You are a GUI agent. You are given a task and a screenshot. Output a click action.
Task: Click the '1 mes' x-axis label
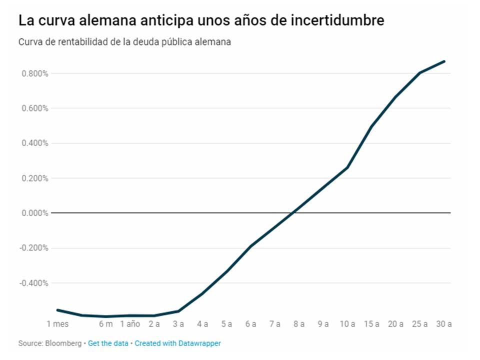pyautogui.click(x=57, y=324)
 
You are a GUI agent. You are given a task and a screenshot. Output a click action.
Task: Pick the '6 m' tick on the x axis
pyautogui.click(x=105, y=324)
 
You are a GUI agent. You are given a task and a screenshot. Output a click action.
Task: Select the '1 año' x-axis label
pyautogui.click(x=130, y=324)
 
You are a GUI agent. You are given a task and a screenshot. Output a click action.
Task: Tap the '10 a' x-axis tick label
pyautogui.click(x=347, y=324)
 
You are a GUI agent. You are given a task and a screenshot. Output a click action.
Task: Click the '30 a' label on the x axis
pyautogui.click(x=443, y=324)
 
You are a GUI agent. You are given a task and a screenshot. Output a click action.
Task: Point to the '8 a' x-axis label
pyautogui.click(x=298, y=324)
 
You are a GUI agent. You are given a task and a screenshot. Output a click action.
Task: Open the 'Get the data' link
pyautogui.click(x=108, y=343)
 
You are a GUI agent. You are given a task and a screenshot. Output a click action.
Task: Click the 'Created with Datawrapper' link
pyautogui.click(x=177, y=343)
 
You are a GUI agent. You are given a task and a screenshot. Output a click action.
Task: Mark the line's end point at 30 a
pyautogui.click(x=444, y=61)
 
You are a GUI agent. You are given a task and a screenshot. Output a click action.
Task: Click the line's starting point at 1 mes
pyautogui.click(x=57, y=310)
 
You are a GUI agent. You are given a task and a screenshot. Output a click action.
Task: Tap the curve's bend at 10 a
pyautogui.click(x=347, y=167)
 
